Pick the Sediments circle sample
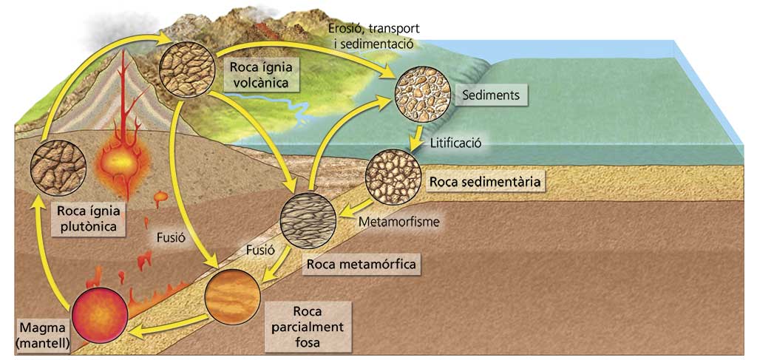coord(423,94)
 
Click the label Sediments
coord(490,95)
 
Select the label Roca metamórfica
coord(361,263)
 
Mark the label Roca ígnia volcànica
coord(259,74)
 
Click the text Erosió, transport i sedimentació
coord(374,35)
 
